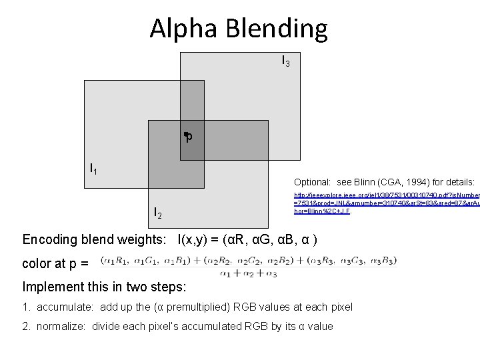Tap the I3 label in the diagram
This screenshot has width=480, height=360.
[x=285, y=61]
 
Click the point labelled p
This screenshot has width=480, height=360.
[x=187, y=135]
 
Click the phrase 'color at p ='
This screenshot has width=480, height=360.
[x=55, y=263]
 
